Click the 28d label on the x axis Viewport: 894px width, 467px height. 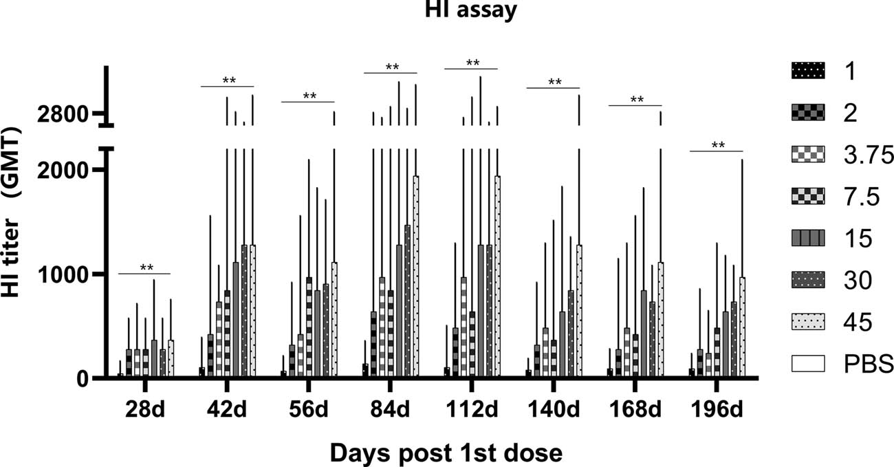coord(144,411)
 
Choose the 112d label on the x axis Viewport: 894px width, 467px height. coord(472,411)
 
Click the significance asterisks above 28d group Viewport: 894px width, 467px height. coord(146,268)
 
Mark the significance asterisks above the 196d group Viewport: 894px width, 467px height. coord(718,145)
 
